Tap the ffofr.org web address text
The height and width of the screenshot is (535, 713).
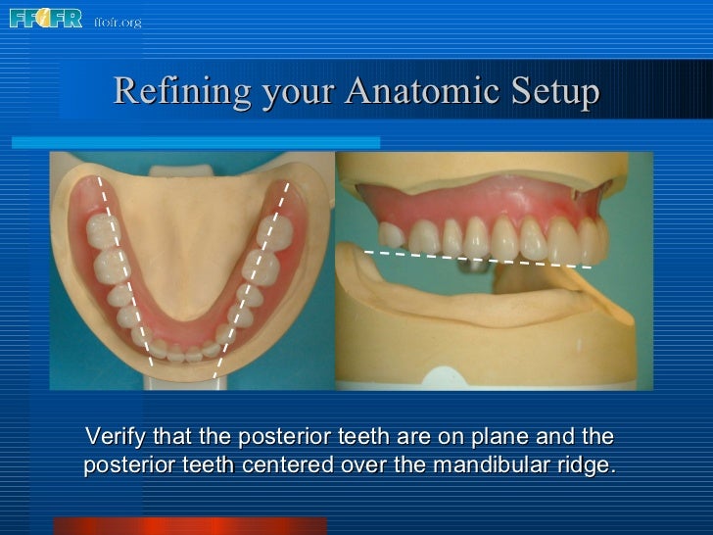118,22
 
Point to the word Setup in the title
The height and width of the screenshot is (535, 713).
555,92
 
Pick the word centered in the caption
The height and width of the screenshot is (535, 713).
286,464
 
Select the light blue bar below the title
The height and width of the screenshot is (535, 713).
196,142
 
